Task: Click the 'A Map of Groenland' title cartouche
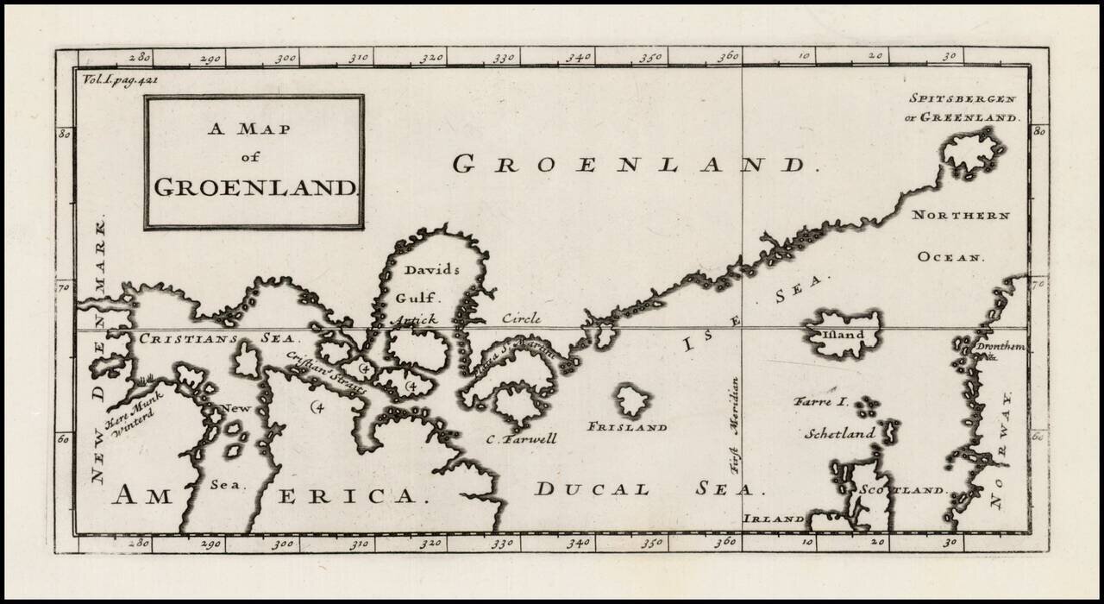[254, 161]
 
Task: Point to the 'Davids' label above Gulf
[432, 269]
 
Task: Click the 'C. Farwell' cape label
[521, 439]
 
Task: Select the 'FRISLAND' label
[627, 427]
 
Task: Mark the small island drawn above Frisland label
[632, 400]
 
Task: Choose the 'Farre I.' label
[822, 402]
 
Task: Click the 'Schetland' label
[839, 434]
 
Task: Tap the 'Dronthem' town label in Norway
[1000, 347]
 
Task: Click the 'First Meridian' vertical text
[735, 422]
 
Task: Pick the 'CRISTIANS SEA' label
[216, 339]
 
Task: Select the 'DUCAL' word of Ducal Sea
[592, 489]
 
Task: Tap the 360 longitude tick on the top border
[730, 57]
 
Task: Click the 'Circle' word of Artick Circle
[522, 319]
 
